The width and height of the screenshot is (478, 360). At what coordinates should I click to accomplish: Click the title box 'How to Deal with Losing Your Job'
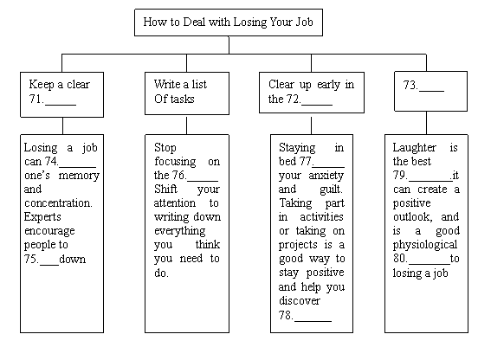(x=229, y=22)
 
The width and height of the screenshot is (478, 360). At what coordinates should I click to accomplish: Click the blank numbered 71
(x=61, y=105)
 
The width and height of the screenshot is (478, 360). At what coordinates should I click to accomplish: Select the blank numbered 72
(x=317, y=105)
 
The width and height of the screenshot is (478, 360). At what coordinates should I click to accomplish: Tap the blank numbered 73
(x=431, y=91)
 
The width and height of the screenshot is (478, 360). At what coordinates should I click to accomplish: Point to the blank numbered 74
(x=77, y=167)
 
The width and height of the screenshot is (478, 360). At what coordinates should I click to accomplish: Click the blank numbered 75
(x=49, y=265)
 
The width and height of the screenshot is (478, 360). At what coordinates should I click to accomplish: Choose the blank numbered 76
(x=203, y=181)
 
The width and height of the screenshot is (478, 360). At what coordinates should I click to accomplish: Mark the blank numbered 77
(x=328, y=167)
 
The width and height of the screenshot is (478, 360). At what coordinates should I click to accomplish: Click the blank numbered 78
(x=313, y=321)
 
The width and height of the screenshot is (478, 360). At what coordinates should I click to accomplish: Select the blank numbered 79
(x=430, y=181)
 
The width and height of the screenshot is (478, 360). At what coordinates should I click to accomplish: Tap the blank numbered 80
(x=429, y=264)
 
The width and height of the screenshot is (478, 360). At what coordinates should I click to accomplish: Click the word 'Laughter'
(x=414, y=148)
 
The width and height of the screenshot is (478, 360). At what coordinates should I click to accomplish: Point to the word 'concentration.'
(x=58, y=202)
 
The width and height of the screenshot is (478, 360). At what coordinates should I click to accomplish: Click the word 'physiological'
(x=425, y=245)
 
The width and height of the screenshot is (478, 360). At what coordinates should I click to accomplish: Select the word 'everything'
(x=180, y=231)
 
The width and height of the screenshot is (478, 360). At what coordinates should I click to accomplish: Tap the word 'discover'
(x=300, y=300)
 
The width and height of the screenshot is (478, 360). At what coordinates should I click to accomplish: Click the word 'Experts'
(x=42, y=217)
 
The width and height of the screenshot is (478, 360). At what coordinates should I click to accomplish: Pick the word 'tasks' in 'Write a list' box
(x=183, y=99)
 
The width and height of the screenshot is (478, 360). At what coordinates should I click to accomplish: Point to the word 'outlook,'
(x=412, y=217)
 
